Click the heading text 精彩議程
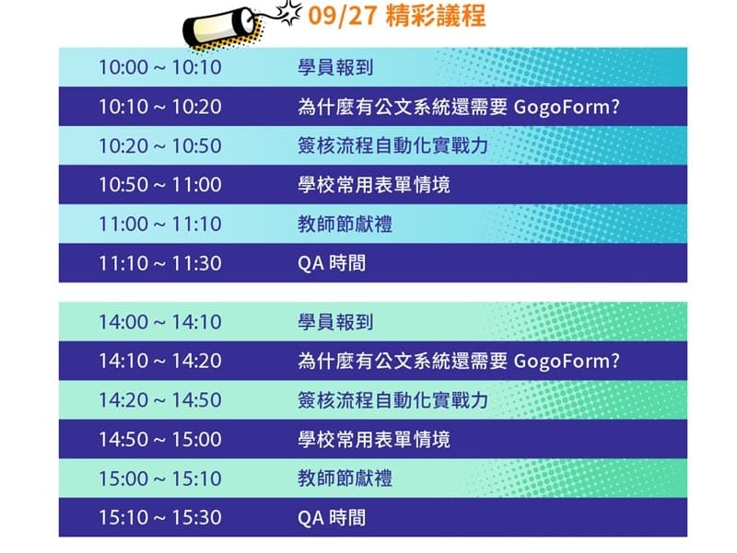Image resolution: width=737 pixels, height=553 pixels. coord(427,16)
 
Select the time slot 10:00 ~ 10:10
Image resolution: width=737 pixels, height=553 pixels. coord(160,67)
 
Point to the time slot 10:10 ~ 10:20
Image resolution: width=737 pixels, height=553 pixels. coord(160,107)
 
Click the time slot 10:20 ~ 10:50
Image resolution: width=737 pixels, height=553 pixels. coord(160,145)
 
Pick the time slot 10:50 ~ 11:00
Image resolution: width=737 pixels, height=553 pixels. coord(160,185)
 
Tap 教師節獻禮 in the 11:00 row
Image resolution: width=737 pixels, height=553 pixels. coord(345,224)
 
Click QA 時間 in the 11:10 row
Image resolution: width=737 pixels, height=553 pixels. coord(332,263)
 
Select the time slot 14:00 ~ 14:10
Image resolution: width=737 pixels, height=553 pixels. coord(160,323)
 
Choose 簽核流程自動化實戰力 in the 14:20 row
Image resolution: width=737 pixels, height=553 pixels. coord(392,400)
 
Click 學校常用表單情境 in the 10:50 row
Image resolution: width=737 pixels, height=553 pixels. coord(374,185)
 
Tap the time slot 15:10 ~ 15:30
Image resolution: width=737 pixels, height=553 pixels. coord(160,518)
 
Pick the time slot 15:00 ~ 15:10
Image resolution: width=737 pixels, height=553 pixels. coord(160,478)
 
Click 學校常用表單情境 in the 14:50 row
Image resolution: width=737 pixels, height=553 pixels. coord(374,440)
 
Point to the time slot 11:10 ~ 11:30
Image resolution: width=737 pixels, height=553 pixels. coord(160,263)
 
